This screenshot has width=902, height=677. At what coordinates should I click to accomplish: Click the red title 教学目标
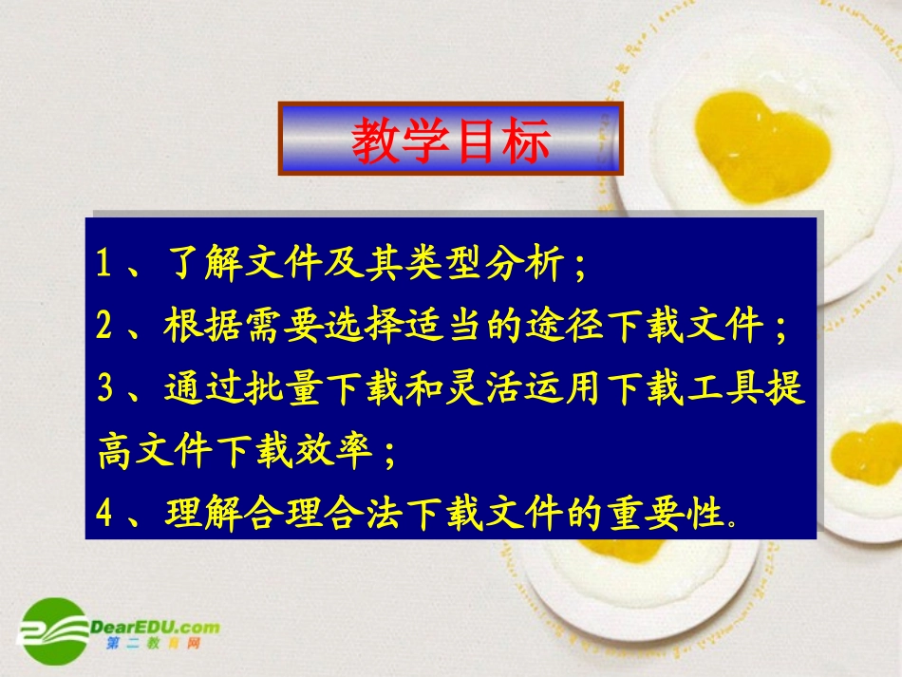click(451, 141)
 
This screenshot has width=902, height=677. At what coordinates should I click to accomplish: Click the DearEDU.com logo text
click(157, 627)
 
